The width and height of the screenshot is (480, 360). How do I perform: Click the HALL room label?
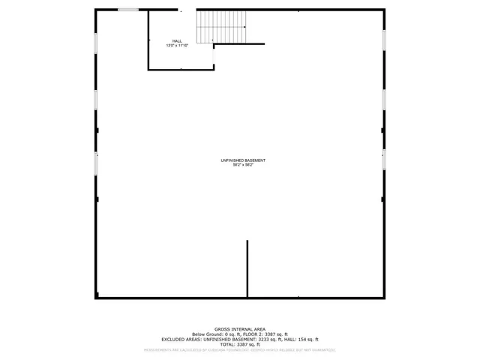(x=177, y=41)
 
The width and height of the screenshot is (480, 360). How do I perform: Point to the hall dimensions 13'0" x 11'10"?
(x=177, y=46)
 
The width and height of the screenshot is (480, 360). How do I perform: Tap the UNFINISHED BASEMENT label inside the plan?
(x=243, y=160)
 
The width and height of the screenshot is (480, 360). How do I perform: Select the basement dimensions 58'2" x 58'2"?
(x=243, y=165)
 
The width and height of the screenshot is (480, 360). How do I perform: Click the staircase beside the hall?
(x=222, y=26)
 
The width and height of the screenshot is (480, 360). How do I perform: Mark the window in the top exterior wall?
(x=128, y=10)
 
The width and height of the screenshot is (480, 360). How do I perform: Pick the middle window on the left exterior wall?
(x=95, y=100)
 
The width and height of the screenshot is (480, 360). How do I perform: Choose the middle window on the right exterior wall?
(x=384, y=100)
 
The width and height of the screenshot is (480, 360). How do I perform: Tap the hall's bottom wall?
(x=181, y=70)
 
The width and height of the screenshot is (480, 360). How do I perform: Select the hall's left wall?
(x=148, y=41)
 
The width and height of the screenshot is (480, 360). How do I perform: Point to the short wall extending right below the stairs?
(x=240, y=43)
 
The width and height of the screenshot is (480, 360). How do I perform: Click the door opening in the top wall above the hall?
(x=187, y=10)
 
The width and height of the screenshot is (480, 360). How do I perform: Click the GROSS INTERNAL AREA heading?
(x=239, y=329)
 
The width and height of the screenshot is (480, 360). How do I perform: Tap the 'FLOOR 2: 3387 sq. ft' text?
(x=266, y=334)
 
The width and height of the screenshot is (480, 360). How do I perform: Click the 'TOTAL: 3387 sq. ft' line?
(x=239, y=345)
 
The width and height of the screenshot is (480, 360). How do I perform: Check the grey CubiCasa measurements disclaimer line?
(x=239, y=350)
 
